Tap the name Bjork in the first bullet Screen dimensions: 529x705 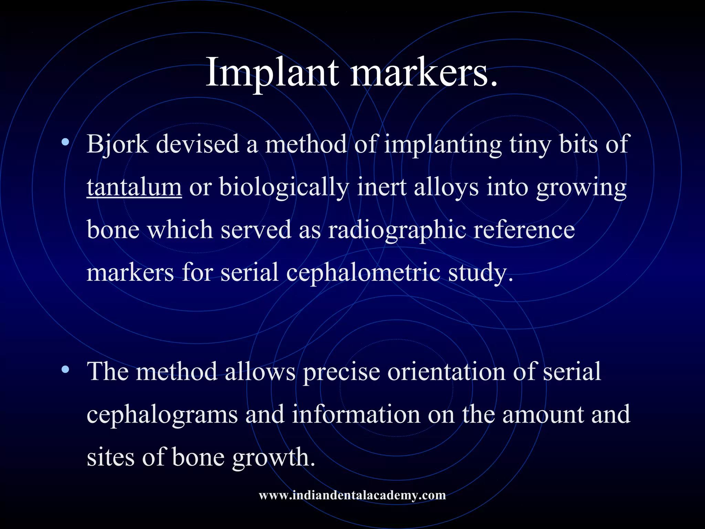pyautogui.click(x=117, y=144)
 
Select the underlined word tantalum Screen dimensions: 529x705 pyautogui.click(x=134, y=187)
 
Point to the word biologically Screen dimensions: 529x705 pyautogui.click(x=284, y=188)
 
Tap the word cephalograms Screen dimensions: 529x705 pyautogui.click(x=162, y=414)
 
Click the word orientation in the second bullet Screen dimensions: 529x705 pyautogui.click(x=446, y=372)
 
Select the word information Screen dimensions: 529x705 pyautogui.click(x=356, y=414)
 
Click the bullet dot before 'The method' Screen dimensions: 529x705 pyautogui.click(x=65, y=370)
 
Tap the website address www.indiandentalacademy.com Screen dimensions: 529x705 pyautogui.click(x=352, y=495)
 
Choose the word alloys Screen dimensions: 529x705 pyautogui.click(x=446, y=188)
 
